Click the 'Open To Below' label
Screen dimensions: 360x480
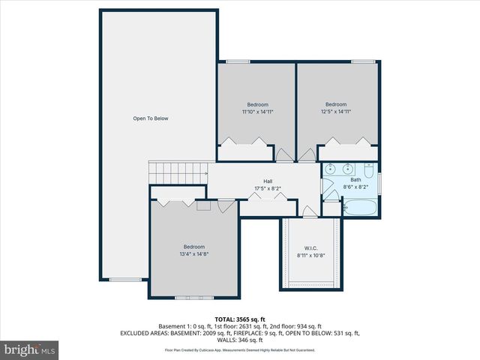[x=151, y=118]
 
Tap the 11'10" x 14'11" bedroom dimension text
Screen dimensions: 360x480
[x=257, y=112]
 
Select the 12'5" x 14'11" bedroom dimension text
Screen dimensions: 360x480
[x=335, y=112]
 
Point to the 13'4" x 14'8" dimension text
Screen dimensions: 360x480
[x=193, y=254]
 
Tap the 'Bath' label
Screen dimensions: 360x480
[x=355, y=179]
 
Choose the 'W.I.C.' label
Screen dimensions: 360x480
[x=311, y=248]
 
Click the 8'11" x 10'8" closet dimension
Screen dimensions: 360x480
[x=311, y=256]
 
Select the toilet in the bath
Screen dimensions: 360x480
[x=368, y=169]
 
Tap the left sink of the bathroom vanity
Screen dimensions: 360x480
[x=332, y=169]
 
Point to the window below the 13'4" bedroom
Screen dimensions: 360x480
[x=193, y=298]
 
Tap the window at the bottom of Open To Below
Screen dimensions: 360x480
[x=125, y=280]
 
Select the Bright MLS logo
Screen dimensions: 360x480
[x=30, y=350]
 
